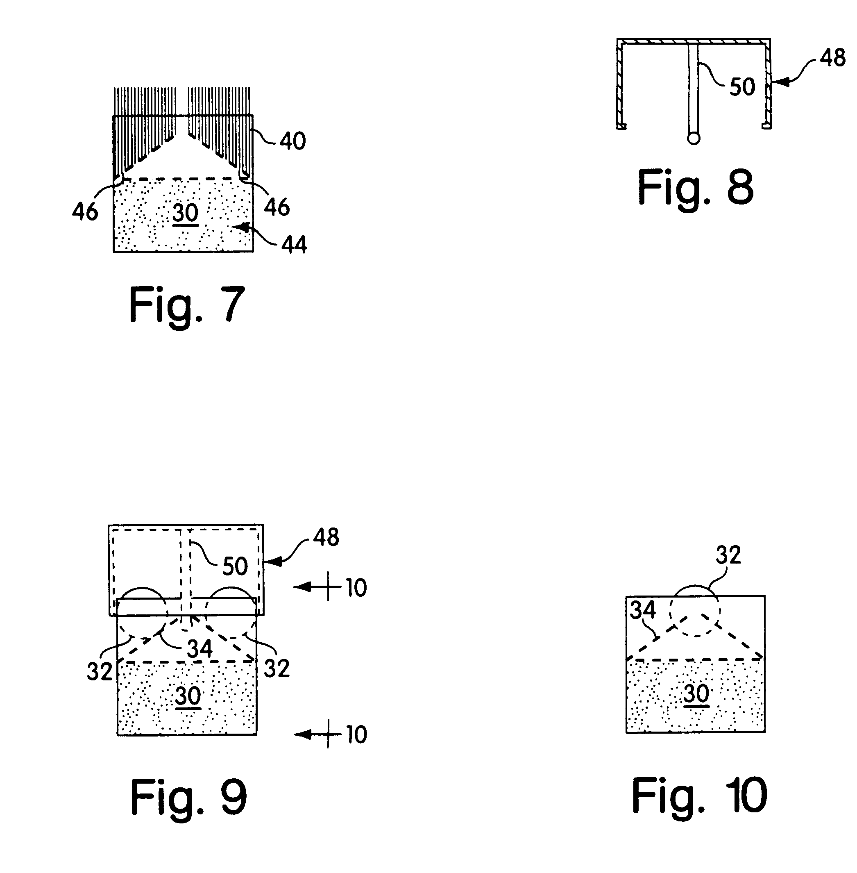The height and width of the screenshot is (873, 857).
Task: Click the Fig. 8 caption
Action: point(696,189)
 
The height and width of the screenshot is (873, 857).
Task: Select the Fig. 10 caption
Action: point(699,796)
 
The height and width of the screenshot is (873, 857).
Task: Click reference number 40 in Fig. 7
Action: point(292,141)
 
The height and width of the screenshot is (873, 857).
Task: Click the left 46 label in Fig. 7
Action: point(85,211)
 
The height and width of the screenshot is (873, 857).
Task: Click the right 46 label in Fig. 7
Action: point(277,207)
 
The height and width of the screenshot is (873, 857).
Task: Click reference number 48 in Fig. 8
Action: point(833,58)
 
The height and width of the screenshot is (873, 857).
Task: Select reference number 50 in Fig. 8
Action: point(742,87)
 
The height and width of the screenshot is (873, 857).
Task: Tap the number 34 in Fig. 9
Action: point(200,649)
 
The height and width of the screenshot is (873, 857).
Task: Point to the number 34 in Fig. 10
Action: point(643,610)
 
